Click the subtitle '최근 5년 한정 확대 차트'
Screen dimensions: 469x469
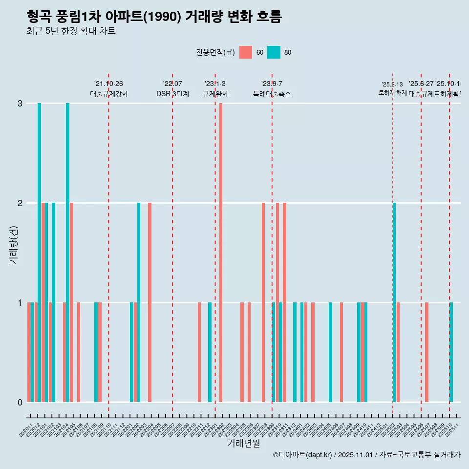71,31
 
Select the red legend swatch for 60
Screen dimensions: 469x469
246,52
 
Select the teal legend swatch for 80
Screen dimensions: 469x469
274,52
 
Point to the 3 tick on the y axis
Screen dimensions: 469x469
20,104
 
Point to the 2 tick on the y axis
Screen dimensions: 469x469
20,203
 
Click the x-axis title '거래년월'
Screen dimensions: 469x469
243,443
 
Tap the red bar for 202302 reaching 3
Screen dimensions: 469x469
221,253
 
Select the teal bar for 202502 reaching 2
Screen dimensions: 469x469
394,302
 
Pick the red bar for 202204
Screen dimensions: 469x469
149,302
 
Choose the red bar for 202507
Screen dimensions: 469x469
426,352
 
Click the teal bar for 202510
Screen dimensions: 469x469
451,352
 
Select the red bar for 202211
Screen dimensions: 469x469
199,352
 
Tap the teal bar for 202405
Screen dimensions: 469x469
331,352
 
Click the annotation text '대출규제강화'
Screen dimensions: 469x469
108,94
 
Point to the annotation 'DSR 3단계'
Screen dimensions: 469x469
172,94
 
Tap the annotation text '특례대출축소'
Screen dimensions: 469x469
272,94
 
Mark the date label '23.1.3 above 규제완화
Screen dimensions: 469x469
215,84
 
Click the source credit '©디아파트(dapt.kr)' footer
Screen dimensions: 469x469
303,455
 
